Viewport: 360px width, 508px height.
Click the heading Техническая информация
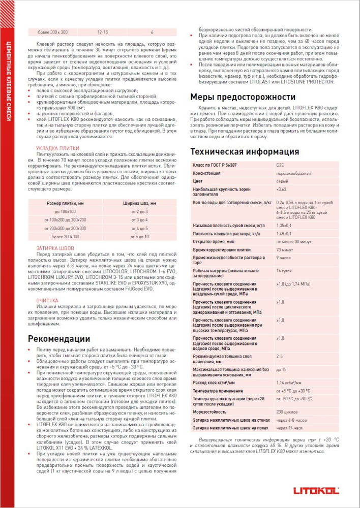coord(245,151)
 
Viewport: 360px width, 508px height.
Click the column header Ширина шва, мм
coord(139,203)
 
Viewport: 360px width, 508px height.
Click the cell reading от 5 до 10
coord(139,237)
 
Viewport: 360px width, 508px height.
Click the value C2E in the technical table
coord(280,165)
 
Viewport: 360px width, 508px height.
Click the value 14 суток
coord(284,271)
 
